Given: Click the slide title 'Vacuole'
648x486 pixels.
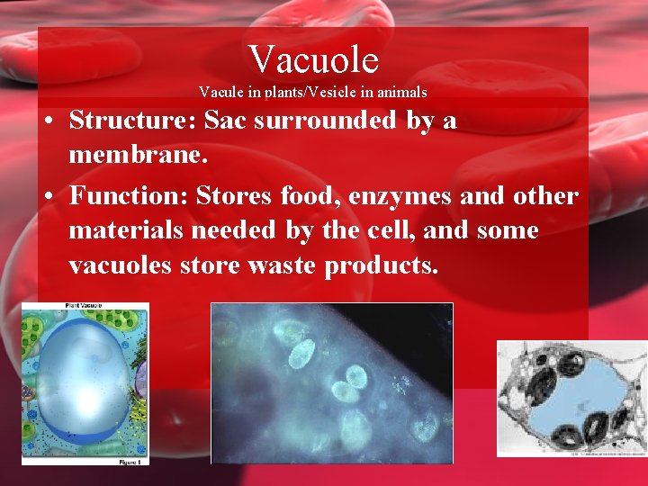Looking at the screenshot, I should coord(313,59).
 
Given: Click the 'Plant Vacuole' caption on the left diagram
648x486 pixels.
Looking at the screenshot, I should coord(83,307).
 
